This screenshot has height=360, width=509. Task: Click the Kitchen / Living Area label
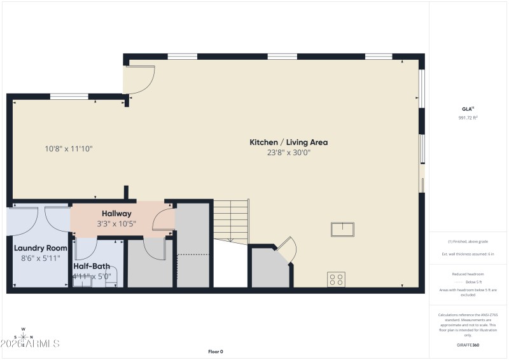coord(288,142)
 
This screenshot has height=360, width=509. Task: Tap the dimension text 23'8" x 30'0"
coord(288,153)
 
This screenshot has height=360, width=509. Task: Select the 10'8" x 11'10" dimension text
coord(69,149)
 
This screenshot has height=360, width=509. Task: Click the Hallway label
coord(116,214)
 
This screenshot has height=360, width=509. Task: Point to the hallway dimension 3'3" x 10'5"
coord(116,224)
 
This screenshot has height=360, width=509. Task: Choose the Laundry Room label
coord(41,248)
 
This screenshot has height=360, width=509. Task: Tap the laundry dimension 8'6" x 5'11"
coord(41,258)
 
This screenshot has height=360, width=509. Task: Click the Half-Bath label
coord(92,267)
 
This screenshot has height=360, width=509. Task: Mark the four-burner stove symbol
coord(336,279)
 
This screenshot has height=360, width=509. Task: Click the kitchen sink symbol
coord(342,229)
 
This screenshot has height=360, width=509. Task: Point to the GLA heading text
coord(468,109)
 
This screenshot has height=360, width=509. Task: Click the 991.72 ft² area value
coord(468,118)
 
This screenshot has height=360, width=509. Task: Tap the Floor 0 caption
coord(216,352)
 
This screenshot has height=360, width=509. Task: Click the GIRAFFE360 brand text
coord(468,345)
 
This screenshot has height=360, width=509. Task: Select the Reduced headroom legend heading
coord(468,273)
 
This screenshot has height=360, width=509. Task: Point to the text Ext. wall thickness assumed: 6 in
coord(468,254)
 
